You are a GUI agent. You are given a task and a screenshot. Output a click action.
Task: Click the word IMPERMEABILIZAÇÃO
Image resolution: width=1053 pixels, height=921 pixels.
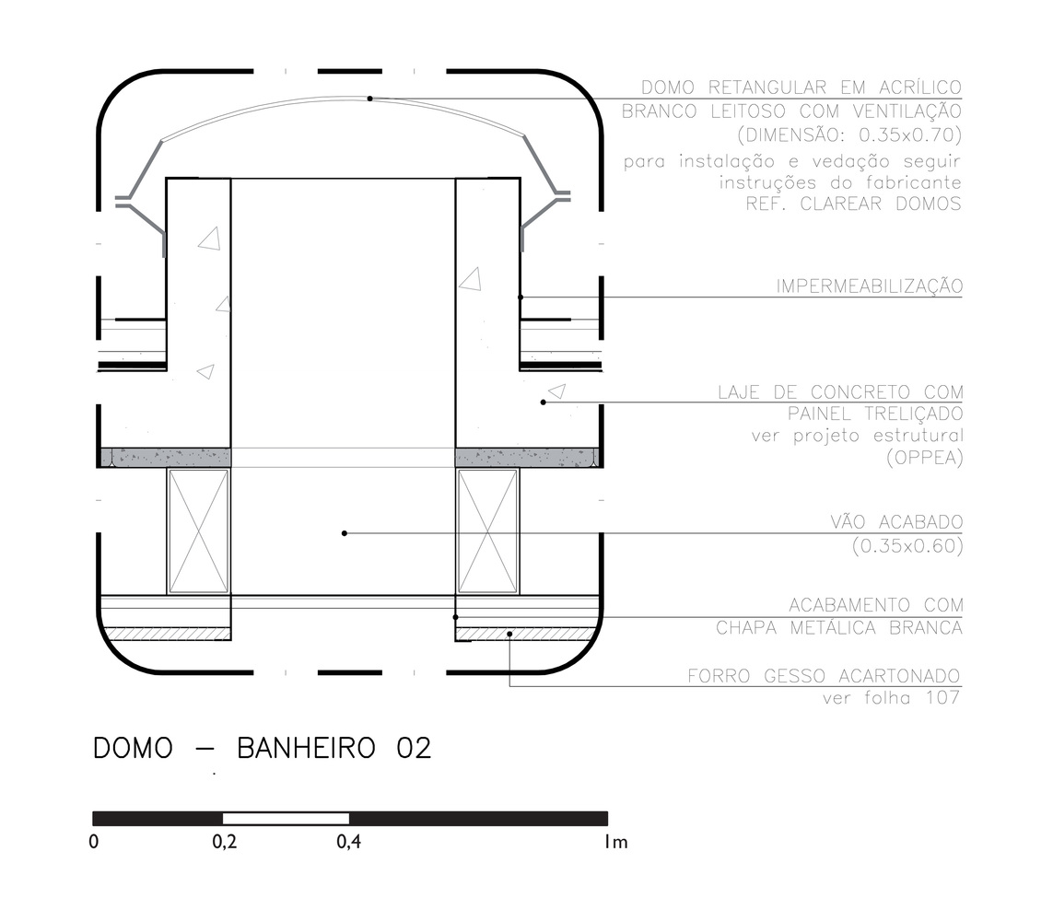[870, 286]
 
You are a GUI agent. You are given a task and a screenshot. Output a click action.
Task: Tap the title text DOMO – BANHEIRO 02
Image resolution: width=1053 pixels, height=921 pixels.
[262, 749]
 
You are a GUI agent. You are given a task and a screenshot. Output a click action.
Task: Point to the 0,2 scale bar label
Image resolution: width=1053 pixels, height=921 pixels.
[225, 842]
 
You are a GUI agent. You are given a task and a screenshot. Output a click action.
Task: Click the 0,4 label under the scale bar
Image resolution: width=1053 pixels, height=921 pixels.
[348, 842]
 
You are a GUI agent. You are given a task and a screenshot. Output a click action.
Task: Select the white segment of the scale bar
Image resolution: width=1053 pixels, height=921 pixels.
[287, 818]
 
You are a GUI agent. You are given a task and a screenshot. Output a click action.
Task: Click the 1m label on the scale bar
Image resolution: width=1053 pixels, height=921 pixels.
[615, 842]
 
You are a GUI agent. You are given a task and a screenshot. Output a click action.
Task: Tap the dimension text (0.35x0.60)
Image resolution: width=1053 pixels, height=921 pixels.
[907, 546]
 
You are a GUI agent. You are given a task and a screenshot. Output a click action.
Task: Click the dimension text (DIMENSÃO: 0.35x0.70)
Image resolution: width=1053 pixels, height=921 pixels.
[849, 135]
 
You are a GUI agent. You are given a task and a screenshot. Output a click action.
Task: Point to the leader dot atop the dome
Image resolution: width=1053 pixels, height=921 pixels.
[370, 99]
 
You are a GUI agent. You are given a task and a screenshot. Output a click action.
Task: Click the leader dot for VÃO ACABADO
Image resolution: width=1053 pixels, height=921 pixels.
[345, 533]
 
